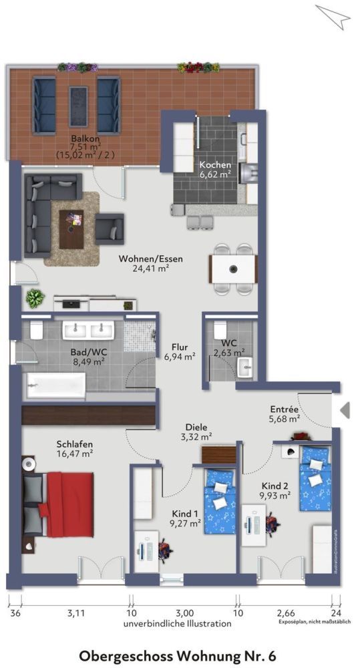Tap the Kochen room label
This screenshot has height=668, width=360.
[x=215, y=164]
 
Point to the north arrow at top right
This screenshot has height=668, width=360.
[x=333, y=17]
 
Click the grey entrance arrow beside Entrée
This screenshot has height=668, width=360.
[x=345, y=410]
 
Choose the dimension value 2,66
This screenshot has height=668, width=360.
[x=285, y=611]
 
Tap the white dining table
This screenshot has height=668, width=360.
[x=233, y=270]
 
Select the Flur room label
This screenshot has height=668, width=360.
[x=180, y=347]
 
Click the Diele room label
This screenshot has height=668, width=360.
[x=197, y=427]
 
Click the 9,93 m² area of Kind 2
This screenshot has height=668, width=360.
[x=275, y=495]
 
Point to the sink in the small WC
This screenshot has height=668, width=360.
[x=244, y=367]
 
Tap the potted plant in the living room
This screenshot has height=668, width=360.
[x=34, y=298]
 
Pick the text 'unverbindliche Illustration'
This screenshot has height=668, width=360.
[x=177, y=623]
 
